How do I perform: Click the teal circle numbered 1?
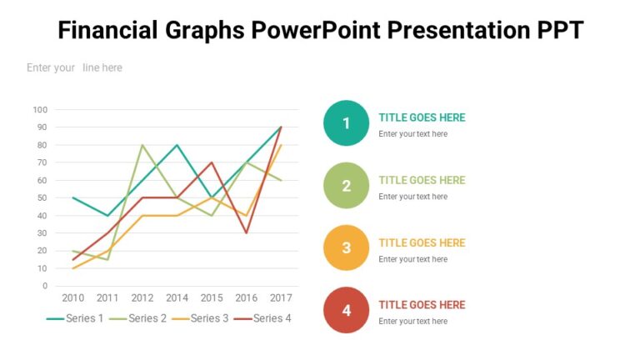[x=346, y=123]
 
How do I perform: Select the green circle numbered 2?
[x=346, y=186]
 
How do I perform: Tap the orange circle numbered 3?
[x=346, y=247]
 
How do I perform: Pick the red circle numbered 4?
[x=346, y=310]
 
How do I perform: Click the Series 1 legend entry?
[x=75, y=318]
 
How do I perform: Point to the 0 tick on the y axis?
[x=45, y=286]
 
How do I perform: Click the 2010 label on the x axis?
[x=73, y=297]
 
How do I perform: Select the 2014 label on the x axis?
[x=177, y=297]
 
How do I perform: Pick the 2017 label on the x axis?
[x=280, y=297]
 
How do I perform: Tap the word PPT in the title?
[x=556, y=31]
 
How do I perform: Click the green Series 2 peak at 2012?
[x=142, y=145]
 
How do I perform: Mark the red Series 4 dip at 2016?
[x=246, y=232]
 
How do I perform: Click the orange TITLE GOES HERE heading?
[x=422, y=242]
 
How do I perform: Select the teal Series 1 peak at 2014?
[x=177, y=145]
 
